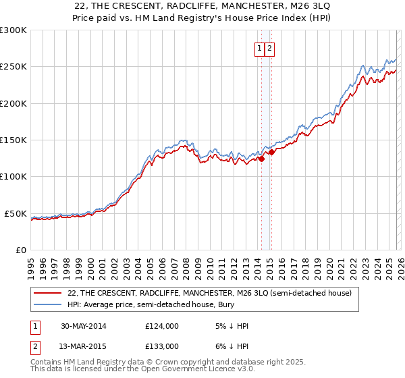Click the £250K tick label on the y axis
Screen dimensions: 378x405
tap(13, 67)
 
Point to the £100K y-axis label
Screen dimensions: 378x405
tap(13, 176)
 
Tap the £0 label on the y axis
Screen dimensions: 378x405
tap(20, 250)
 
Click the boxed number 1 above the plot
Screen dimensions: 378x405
tap(260, 48)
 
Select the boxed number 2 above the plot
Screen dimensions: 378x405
tap(269, 48)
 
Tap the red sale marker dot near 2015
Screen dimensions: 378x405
tap(271, 153)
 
